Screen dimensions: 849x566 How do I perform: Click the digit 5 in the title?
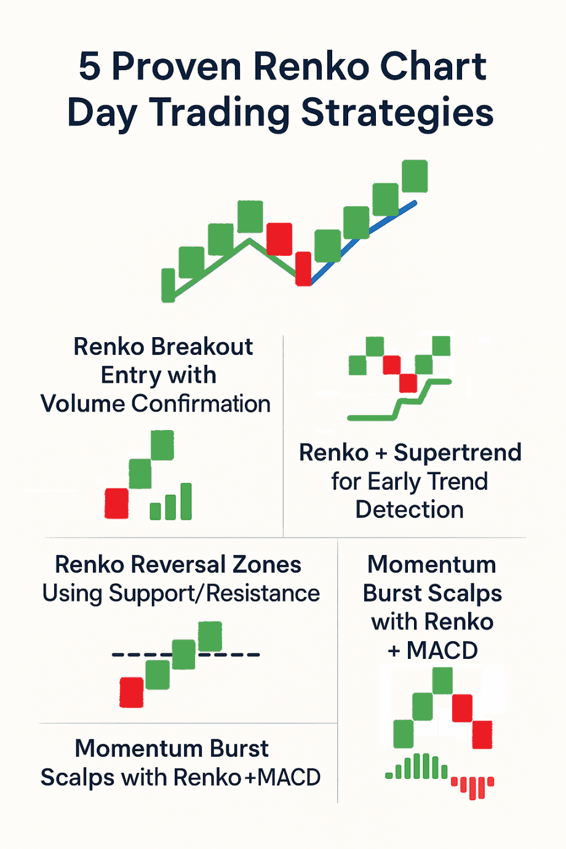pos(89,67)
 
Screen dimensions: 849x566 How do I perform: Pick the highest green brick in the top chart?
pos(415,176)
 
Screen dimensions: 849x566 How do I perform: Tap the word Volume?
pos(82,404)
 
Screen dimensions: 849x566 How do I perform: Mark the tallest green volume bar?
pos(186,501)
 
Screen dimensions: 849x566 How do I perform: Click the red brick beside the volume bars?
pos(117,503)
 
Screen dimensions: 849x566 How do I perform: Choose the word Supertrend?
pos(458,453)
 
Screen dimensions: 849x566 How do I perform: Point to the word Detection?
pos(409,510)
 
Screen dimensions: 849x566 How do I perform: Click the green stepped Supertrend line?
pos(400,406)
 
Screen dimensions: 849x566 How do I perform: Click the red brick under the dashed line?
pos(132,692)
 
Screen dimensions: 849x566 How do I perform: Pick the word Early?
pos(394,482)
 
